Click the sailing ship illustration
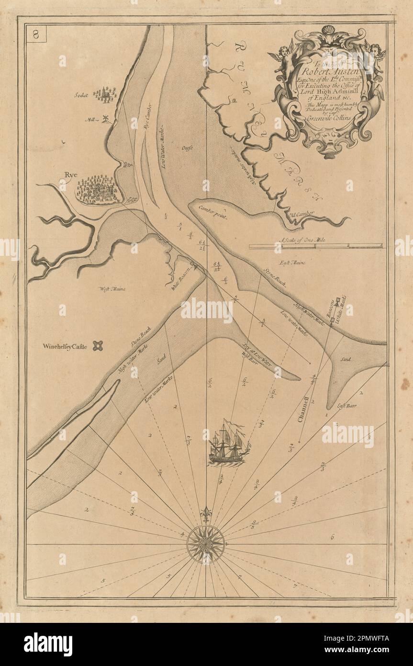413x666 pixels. pyautogui.click(x=226, y=444)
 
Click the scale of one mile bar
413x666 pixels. pyautogui.click(x=316, y=246)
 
